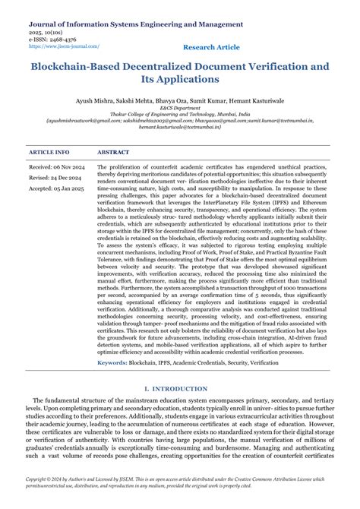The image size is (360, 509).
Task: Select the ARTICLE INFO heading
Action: pos(49,153)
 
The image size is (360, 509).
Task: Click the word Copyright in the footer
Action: pos(40,481)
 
